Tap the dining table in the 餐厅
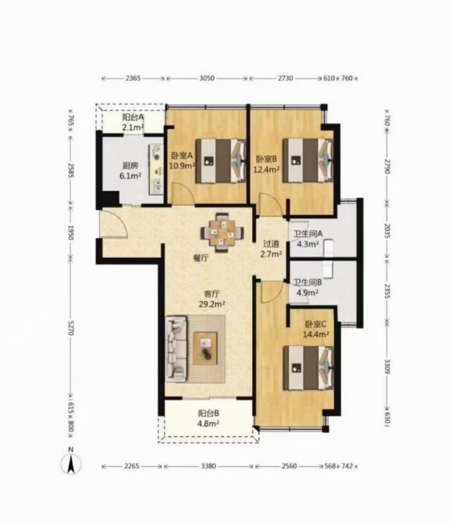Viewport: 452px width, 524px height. pyautogui.click(x=222, y=232)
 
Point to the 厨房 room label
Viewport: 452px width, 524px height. pyautogui.click(x=131, y=166)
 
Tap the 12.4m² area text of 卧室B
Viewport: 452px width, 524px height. pyautogui.click(x=267, y=170)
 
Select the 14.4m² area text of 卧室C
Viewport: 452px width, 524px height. pyautogui.click(x=316, y=335)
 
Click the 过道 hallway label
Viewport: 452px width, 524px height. pyautogui.click(x=271, y=244)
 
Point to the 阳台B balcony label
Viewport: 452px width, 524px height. pyautogui.click(x=208, y=414)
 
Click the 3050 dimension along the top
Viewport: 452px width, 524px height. pyautogui.click(x=207, y=78)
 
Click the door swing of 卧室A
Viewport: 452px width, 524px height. pyautogui.click(x=182, y=193)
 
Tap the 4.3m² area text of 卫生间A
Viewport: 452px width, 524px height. pyautogui.click(x=308, y=244)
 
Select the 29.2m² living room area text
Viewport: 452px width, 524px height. pyautogui.click(x=212, y=303)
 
